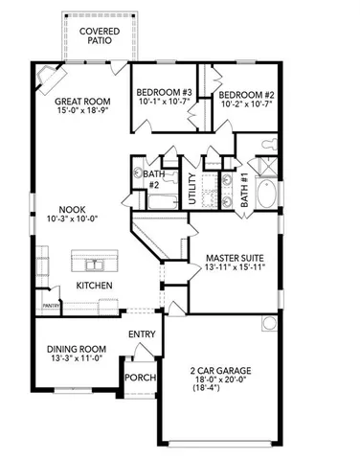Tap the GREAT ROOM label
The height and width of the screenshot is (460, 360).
(82, 101)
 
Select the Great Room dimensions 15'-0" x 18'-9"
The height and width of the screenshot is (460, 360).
(82, 111)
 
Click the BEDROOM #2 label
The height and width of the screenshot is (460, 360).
(246, 95)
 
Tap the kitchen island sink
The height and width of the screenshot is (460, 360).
(95, 263)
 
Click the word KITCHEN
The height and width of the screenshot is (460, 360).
(95, 286)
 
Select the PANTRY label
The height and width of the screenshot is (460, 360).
(51, 306)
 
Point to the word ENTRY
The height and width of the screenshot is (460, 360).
(143, 333)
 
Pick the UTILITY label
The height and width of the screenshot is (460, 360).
(192, 193)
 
